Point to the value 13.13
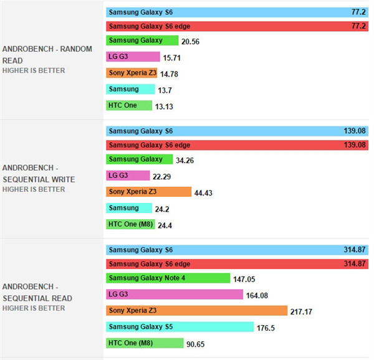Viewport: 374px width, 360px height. [164, 107]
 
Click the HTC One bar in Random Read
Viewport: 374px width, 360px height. [129, 105]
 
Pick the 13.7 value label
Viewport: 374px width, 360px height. [165, 90]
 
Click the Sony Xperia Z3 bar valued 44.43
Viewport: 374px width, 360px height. [149, 192]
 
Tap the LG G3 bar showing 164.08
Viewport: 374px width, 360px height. [175, 294]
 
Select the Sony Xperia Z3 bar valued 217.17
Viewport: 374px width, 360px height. [196, 310]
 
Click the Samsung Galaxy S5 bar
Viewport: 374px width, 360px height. [180, 327]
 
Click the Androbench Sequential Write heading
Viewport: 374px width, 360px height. [39, 174]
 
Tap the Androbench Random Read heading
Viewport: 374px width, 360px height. [47, 55]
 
